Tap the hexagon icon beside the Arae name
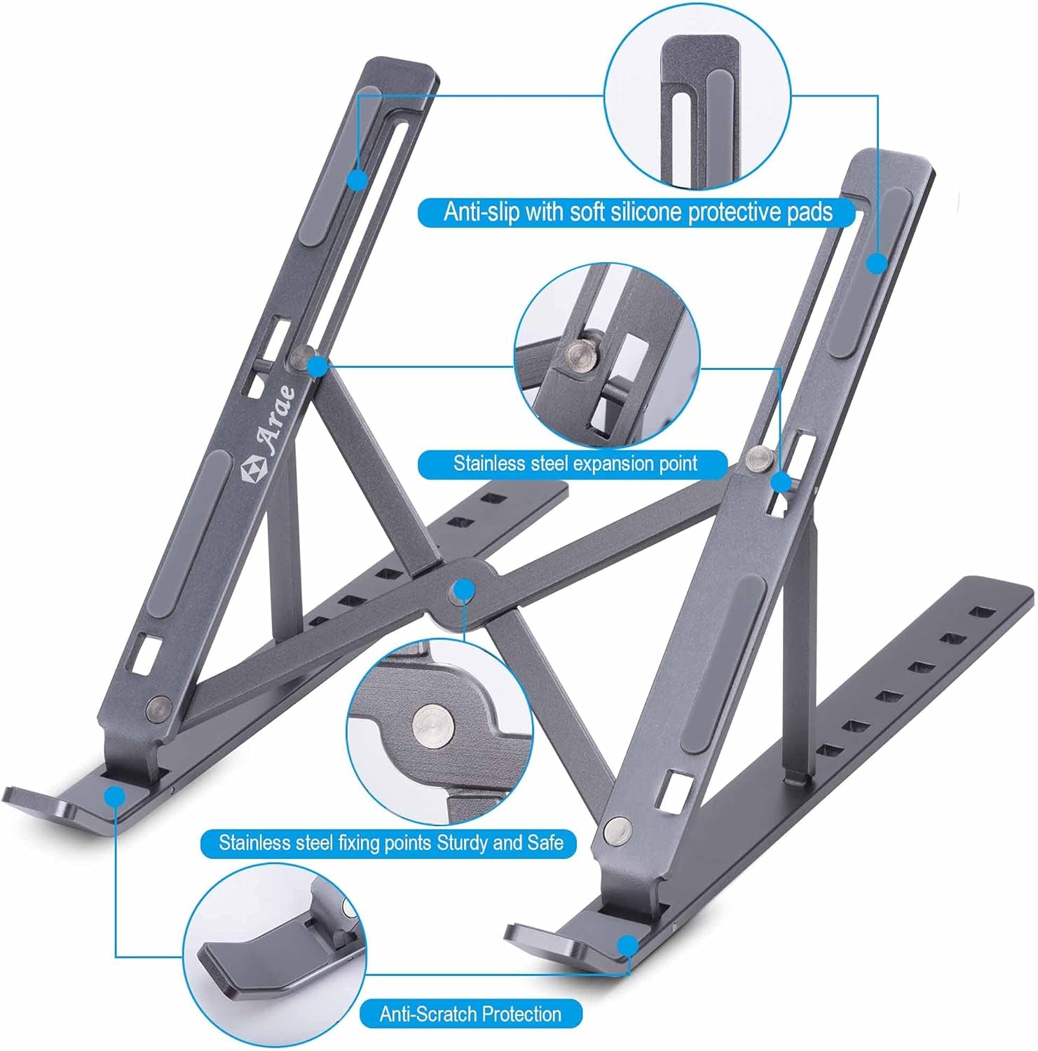(253, 470)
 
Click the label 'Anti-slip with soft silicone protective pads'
(637, 212)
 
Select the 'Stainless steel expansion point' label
(575, 464)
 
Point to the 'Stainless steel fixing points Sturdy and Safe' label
(390, 842)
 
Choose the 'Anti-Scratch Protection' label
(470, 1013)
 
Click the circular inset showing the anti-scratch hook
(274, 953)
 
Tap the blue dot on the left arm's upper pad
(357, 179)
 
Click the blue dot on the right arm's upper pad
(877, 263)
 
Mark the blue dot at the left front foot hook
(114, 796)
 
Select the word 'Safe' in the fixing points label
(545, 842)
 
